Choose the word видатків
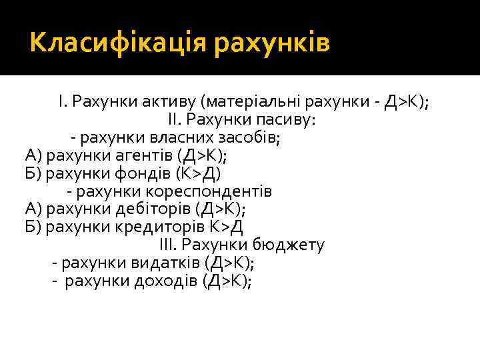(x=171, y=263)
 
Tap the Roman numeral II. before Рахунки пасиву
(x=173, y=120)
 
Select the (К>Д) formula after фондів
(x=198, y=174)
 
